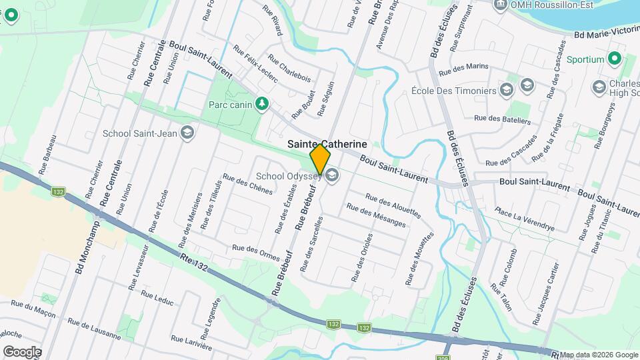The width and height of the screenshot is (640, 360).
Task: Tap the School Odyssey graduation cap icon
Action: pos(332,176)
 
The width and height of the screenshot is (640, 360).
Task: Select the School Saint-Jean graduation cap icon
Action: pos(187,133)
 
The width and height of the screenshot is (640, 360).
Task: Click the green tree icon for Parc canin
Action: pos(263,103)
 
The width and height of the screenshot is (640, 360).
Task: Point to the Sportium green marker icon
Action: pos(615,59)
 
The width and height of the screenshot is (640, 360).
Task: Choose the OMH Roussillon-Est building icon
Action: pos(500,5)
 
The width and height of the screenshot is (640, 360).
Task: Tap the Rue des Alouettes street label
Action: pos(393,205)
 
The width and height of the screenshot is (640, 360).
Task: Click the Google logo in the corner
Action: pos(22,351)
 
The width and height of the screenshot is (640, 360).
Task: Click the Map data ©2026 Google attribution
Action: pos(599,355)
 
